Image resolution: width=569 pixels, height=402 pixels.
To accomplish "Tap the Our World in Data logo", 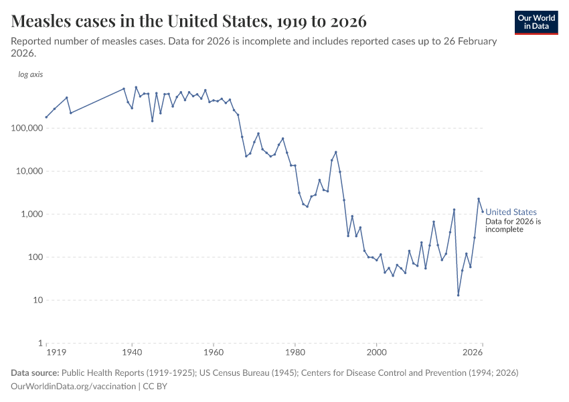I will [x=536, y=22].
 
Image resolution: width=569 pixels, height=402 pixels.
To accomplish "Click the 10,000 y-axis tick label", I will [x=29, y=171].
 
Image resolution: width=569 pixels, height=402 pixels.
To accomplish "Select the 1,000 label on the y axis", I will [x=31, y=214].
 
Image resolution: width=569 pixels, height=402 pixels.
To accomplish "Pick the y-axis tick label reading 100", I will [x=35, y=257].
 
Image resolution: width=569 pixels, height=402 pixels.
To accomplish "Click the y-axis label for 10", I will [x=37, y=300].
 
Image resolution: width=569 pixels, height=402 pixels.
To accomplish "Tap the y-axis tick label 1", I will [x=39, y=343].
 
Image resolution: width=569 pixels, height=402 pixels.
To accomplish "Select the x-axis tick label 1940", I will [x=132, y=352].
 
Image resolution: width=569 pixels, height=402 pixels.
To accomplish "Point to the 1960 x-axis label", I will [x=214, y=352].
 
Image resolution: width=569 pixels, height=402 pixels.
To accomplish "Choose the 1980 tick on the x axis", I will [x=295, y=352].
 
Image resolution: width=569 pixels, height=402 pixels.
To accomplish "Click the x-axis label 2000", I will [x=377, y=352].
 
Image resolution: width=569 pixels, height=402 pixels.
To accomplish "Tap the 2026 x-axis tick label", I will [x=473, y=352].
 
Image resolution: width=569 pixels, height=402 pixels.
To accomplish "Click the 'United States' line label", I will [x=511, y=212].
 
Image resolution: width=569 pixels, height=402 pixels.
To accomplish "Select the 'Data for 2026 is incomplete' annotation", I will [x=513, y=225].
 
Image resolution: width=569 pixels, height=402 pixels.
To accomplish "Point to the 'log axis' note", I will [x=30, y=74].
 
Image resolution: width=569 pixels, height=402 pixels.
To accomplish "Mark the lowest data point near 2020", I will [x=459, y=295].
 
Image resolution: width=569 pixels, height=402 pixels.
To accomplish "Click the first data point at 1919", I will [x=46, y=117].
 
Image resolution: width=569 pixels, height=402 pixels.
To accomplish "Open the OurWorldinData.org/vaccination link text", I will [x=74, y=387].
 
